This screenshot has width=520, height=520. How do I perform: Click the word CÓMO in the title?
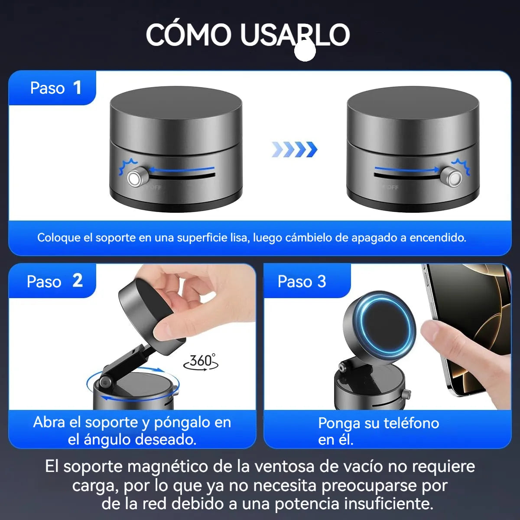click(x=188, y=35)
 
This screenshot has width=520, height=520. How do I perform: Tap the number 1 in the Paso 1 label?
click(x=77, y=88)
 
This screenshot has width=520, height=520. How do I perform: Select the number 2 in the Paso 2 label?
click(x=77, y=281)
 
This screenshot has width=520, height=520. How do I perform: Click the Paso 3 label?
click(x=302, y=282)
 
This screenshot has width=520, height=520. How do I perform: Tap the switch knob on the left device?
click(x=135, y=178)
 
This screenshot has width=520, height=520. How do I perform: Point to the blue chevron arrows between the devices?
click(x=294, y=149)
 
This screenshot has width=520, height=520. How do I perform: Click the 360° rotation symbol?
click(x=201, y=361)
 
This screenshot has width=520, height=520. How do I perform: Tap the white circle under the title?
click(x=305, y=51)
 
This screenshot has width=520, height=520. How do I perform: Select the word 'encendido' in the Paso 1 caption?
click(x=438, y=237)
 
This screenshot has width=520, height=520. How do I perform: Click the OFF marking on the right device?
click(x=391, y=188)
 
